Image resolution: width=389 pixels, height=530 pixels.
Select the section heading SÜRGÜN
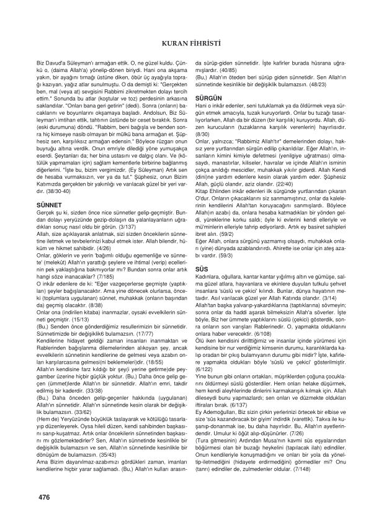click(208, 99)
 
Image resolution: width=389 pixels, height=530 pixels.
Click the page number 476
click(45, 496)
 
